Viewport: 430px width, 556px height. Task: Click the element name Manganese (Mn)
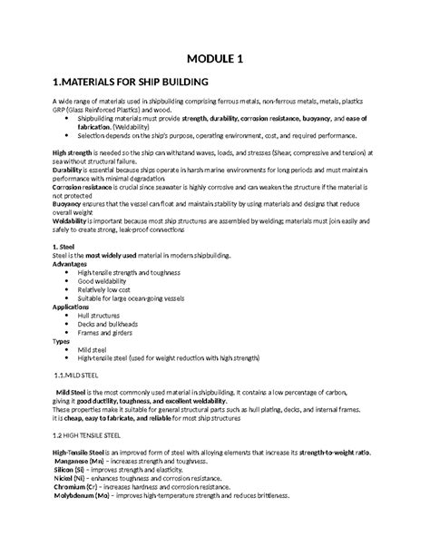(84, 461)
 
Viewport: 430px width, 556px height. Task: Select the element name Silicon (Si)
(74, 470)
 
